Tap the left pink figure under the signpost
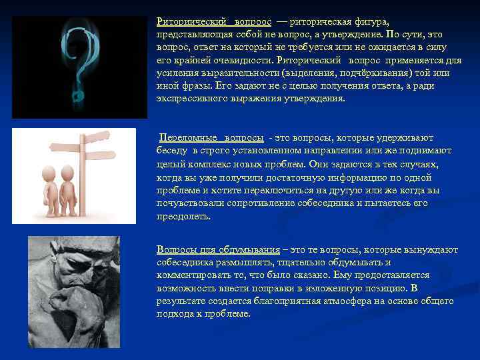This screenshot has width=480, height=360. [x=51, y=189]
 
